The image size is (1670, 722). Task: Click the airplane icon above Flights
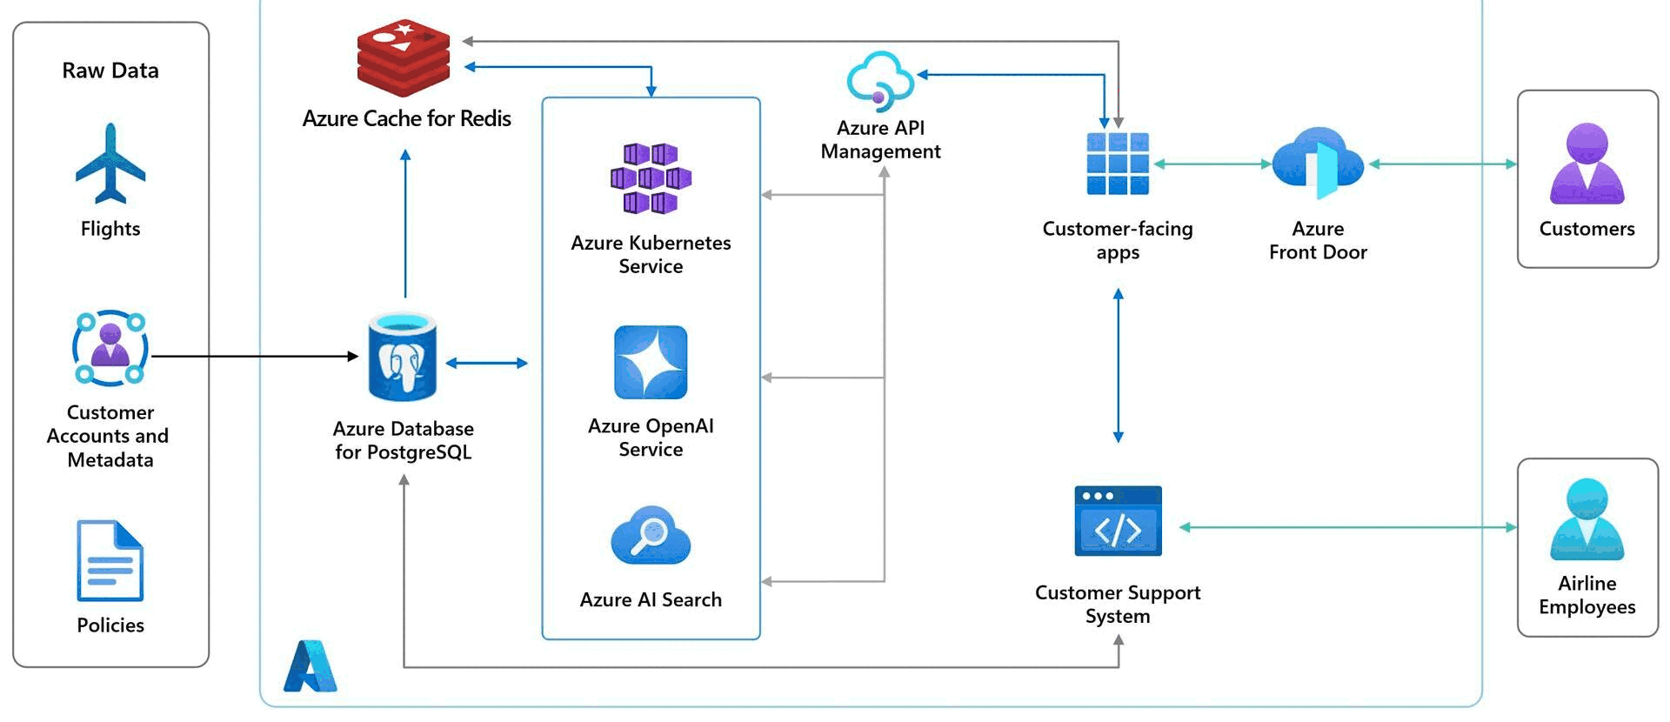[110, 164]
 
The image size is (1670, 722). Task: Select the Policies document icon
[110, 561]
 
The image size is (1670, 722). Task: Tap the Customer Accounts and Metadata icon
[110, 348]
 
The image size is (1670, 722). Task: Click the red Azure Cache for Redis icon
[404, 58]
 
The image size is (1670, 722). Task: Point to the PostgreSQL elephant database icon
[402, 357]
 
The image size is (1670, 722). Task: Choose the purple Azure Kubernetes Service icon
[651, 178]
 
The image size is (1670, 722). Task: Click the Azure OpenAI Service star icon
[651, 363]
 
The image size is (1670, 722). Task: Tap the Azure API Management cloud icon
[880, 81]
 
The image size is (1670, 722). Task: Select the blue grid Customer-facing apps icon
[1118, 164]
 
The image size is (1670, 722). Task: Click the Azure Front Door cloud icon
[1318, 164]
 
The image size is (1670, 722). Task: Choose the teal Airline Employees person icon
[1587, 519]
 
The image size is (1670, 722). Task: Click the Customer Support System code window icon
[1118, 521]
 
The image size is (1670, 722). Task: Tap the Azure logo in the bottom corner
[310, 666]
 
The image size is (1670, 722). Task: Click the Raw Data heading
[110, 70]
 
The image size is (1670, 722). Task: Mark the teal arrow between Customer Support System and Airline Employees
[1348, 527]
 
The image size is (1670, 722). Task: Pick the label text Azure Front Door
[1318, 240]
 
